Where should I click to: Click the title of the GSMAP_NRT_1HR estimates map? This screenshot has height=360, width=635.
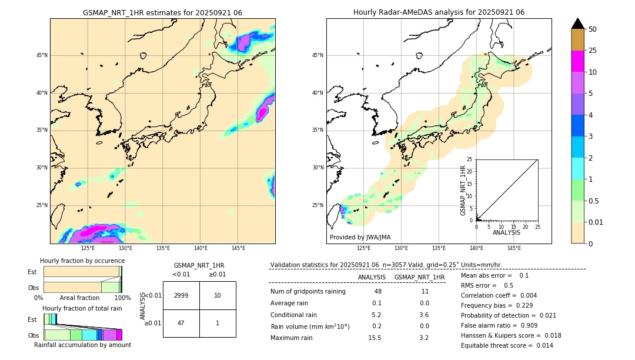(x=162, y=12)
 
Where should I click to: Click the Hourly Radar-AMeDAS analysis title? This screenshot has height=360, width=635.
(x=439, y=12)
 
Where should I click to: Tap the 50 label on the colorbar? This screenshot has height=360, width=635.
(x=593, y=29)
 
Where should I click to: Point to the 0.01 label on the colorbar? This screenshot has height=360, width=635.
(x=596, y=222)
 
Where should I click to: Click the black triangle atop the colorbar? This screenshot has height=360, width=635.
(x=578, y=24)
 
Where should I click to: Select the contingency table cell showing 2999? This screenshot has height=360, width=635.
(x=181, y=295)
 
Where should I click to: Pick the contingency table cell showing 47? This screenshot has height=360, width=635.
(x=181, y=323)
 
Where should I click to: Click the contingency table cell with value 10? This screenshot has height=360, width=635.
(x=218, y=295)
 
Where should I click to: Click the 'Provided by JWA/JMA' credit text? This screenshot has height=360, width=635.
(x=360, y=237)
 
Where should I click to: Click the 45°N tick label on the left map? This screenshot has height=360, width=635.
(x=42, y=55)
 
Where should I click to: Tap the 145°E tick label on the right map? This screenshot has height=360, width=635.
(x=514, y=248)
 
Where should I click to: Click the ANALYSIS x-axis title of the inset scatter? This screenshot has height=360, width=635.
(x=506, y=232)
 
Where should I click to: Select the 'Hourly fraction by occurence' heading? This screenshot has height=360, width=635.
(x=82, y=261)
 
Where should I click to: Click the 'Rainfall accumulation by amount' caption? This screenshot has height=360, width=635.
(x=82, y=345)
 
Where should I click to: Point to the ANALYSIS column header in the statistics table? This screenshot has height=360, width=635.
(x=372, y=277)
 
